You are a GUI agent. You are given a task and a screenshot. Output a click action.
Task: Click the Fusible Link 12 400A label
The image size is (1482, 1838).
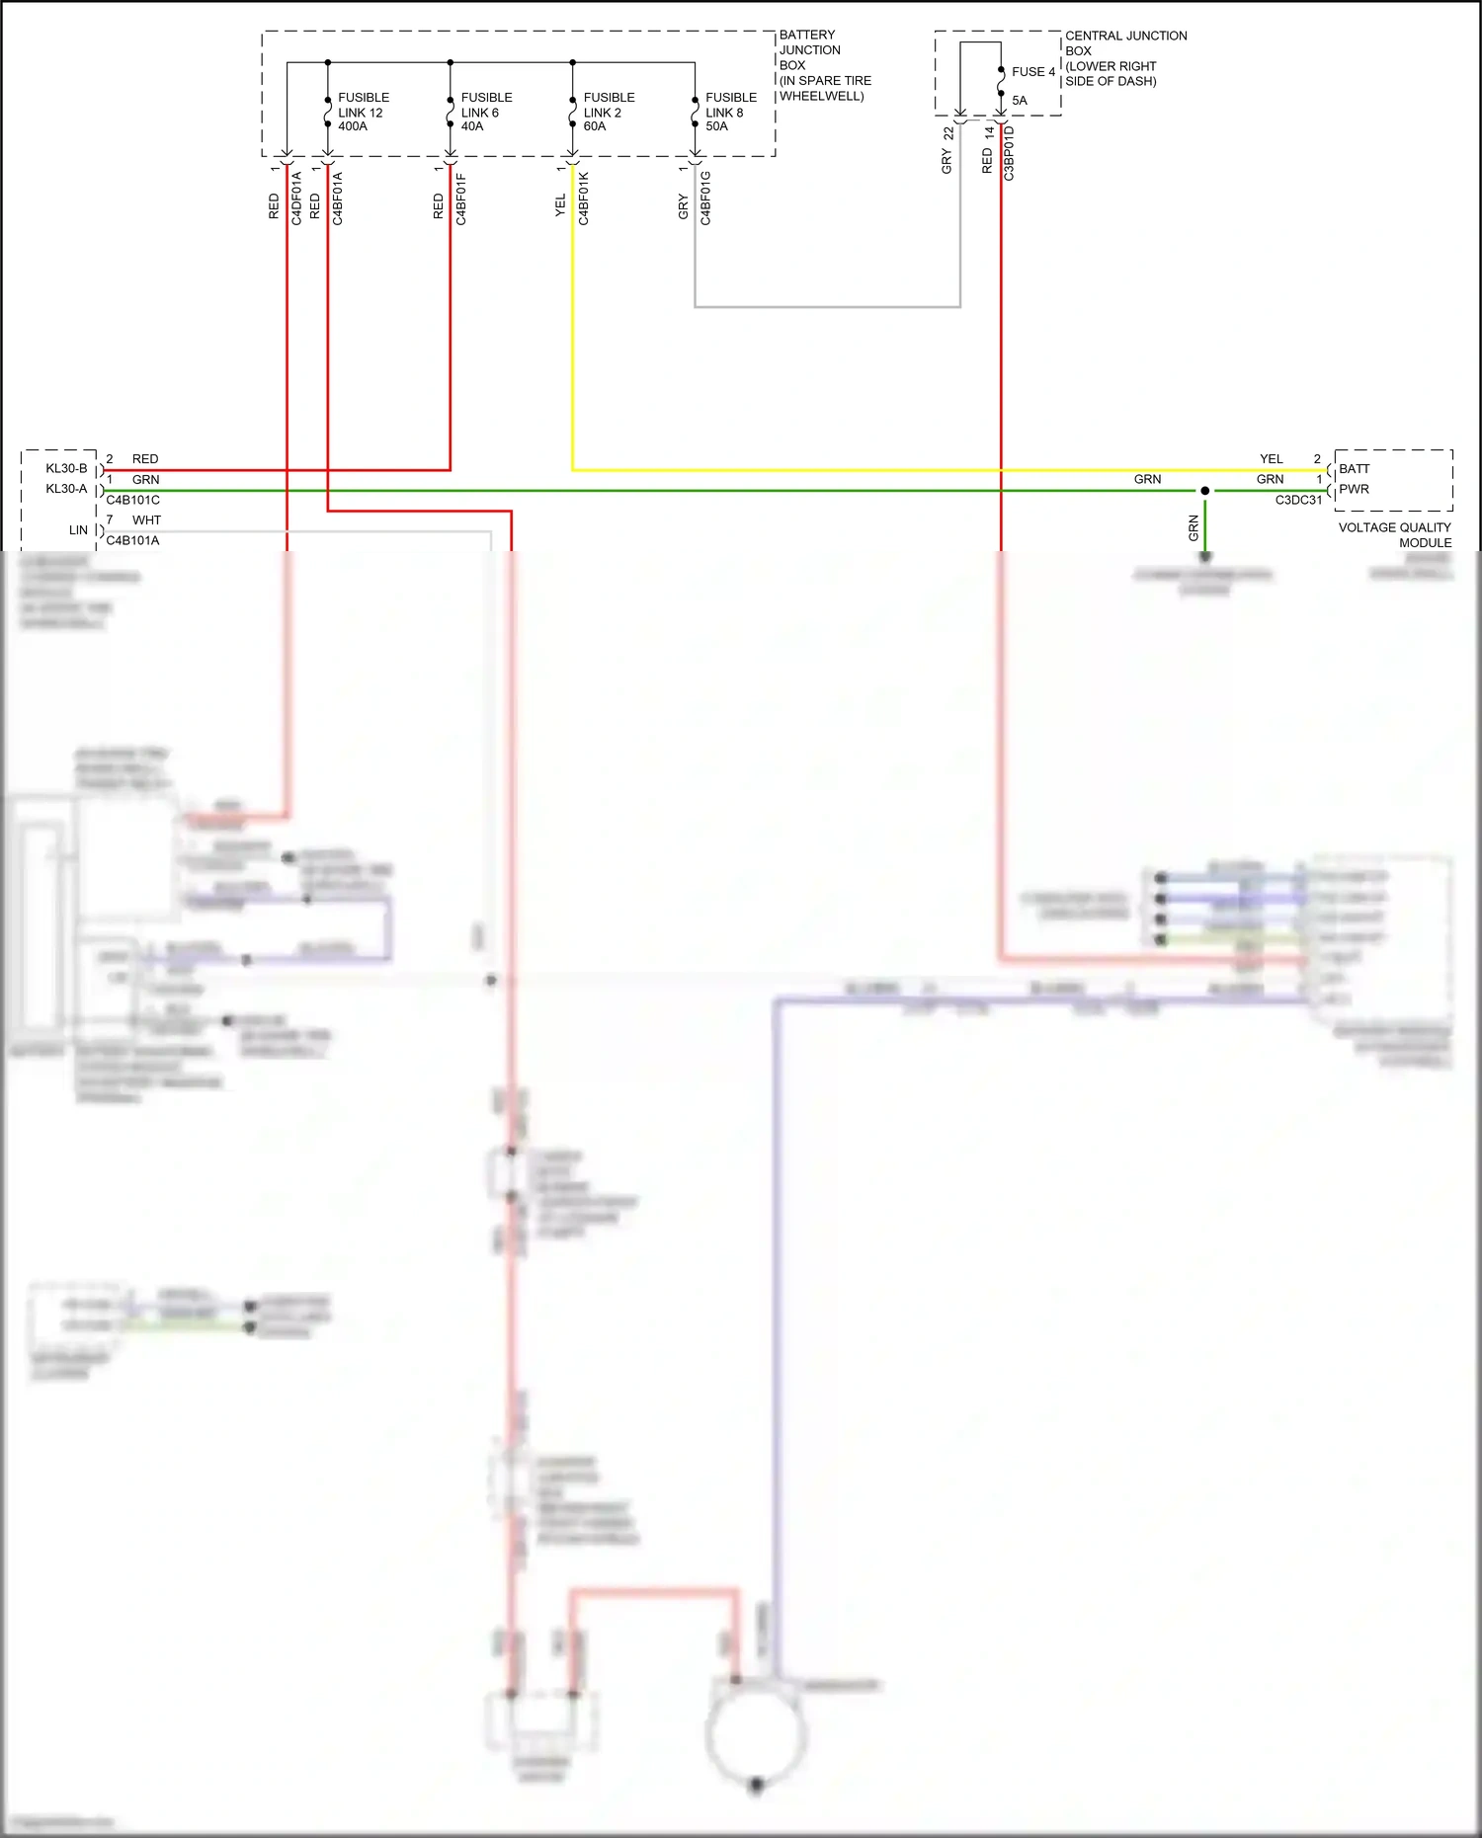coord(363,112)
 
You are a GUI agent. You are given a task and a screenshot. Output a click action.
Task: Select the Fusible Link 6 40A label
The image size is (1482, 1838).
coord(486,112)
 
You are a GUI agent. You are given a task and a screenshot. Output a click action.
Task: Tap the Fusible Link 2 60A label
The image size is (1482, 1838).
coord(609,112)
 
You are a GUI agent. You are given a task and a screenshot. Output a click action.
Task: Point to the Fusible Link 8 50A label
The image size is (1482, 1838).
coord(730,112)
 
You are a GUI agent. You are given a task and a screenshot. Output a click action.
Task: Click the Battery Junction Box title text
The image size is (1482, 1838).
coord(823,65)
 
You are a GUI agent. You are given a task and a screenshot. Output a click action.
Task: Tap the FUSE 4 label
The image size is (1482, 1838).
coord(1032,72)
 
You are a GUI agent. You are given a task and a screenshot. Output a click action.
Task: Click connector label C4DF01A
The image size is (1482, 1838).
coord(296,199)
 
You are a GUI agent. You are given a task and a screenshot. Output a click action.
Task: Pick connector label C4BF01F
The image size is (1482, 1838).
coord(460,200)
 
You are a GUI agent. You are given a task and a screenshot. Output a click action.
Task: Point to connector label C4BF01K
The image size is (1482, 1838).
coord(583,199)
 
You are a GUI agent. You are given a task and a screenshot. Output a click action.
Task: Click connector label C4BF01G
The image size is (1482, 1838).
coord(705,199)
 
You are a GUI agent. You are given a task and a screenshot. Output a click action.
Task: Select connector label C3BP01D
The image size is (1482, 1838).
coord(1009,153)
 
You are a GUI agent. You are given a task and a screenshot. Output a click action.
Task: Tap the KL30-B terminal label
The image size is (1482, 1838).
coord(66,468)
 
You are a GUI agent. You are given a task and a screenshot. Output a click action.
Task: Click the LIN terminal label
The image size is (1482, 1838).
coord(78,530)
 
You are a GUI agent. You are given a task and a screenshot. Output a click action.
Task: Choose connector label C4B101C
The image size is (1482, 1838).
coord(132,500)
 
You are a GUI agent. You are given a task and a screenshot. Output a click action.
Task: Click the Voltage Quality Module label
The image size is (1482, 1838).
coord(1394,534)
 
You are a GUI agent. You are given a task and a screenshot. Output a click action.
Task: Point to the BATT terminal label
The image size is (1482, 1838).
coord(1354,468)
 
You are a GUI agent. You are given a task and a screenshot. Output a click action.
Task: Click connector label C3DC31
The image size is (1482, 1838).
coord(1297,500)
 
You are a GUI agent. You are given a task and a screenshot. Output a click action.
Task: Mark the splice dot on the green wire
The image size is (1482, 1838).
coord(1204,491)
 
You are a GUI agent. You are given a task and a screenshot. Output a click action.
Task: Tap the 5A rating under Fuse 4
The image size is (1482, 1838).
coord(1019,101)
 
